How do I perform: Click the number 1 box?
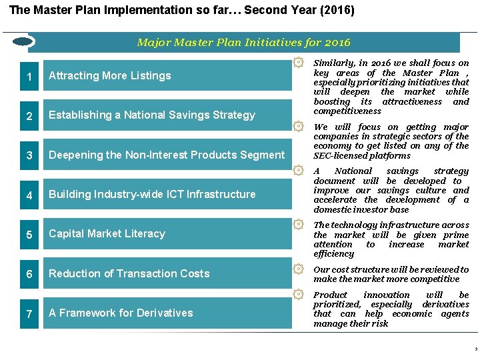pos(29,76)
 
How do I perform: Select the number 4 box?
pos(29,195)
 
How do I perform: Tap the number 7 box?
pos(29,313)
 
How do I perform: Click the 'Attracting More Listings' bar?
pos(167,76)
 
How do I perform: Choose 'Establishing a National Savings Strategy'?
pos(167,115)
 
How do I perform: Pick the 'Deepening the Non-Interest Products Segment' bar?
pos(167,155)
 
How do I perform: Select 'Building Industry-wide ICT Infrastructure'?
pos(167,195)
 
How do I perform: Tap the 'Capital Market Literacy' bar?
pos(167,234)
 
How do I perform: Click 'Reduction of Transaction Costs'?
pos(167,273)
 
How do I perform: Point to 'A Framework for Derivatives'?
pos(167,313)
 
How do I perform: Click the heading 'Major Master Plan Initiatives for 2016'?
pos(243,43)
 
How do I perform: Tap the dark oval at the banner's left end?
pos(23,42)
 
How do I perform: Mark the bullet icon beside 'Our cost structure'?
pos(299,269)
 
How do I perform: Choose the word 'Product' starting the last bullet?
pos(330,295)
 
